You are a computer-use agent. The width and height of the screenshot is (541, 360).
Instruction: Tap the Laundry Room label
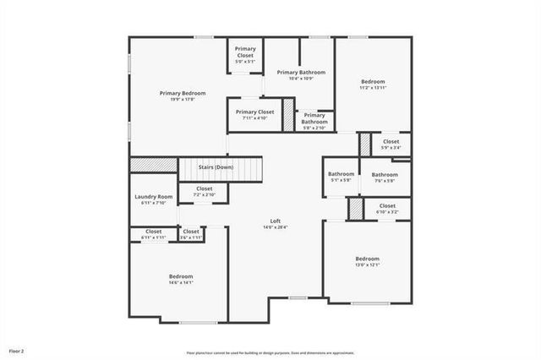(x=153, y=197)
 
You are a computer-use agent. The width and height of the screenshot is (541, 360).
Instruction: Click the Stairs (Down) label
(x=216, y=167)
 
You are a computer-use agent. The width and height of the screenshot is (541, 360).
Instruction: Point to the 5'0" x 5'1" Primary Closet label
(x=246, y=52)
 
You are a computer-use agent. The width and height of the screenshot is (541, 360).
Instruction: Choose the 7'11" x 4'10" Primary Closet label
(x=254, y=112)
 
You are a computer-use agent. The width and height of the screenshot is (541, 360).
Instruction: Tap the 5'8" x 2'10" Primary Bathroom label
(x=315, y=121)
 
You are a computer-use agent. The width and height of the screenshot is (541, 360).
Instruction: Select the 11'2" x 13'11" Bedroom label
(x=372, y=83)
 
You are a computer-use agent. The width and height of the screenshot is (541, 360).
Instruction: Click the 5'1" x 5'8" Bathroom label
(x=341, y=175)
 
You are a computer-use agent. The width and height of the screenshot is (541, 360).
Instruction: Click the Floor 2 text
(x=17, y=350)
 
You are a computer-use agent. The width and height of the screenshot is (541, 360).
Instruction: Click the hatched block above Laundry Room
(x=153, y=165)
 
